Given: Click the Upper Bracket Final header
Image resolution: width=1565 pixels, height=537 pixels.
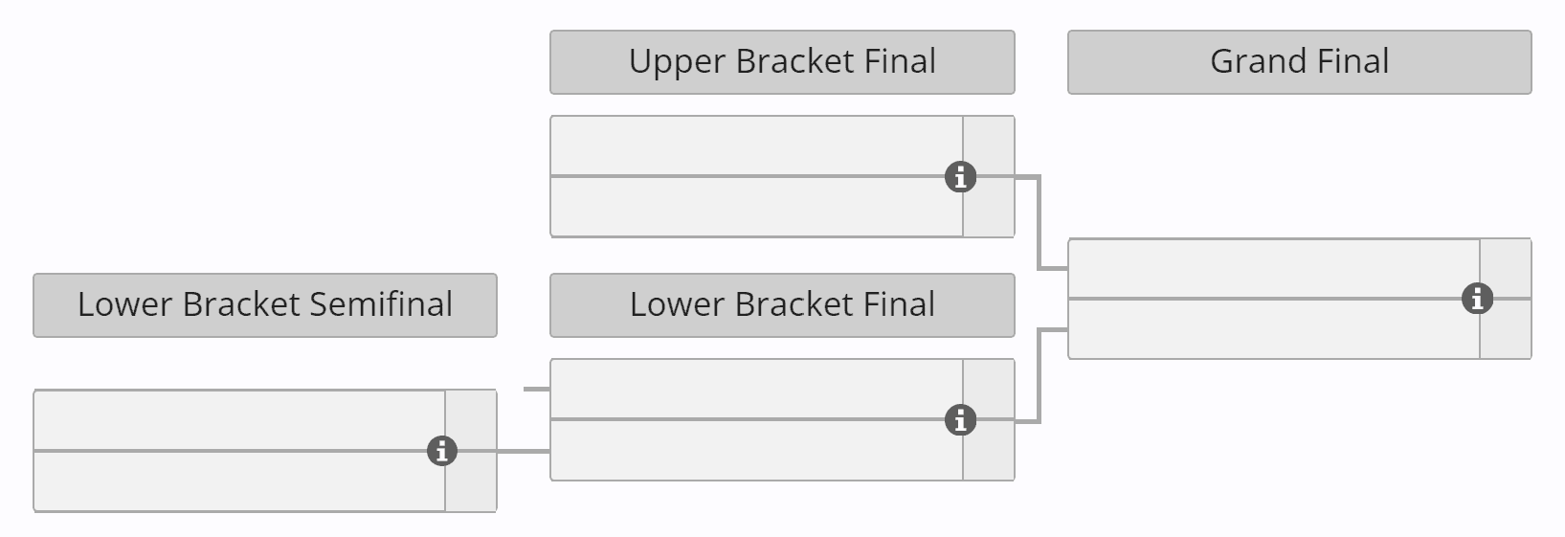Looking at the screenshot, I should point(782,62).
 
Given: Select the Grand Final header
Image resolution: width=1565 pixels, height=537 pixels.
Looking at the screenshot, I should point(1299,62).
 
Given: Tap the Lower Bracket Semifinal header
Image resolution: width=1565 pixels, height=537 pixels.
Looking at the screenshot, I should point(265,305).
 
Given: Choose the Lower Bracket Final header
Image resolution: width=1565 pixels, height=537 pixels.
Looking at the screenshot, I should point(782,305).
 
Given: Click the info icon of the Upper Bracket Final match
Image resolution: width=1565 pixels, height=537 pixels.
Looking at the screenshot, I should point(960,177).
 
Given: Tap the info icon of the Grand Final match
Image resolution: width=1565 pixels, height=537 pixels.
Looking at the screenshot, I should point(1477,299).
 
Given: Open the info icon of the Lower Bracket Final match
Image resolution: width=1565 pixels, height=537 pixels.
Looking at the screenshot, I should point(960,420).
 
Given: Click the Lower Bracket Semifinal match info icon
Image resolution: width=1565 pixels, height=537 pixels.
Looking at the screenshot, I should point(441,451).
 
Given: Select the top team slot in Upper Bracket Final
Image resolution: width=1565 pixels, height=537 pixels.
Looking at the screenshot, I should point(756,146).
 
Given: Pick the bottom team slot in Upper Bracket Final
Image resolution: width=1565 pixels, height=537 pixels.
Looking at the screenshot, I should point(756,206).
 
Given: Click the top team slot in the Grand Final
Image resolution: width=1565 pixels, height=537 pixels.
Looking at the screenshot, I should point(1273,269).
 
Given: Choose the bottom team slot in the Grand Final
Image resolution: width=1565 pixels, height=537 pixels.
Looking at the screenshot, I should point(1273,328).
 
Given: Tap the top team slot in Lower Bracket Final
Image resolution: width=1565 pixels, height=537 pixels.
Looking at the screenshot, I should point(756,390).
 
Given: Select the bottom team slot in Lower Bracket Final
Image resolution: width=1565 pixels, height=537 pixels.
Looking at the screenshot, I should point(756,449).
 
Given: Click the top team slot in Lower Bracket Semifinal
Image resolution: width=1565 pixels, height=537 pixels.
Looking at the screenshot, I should point(239,420).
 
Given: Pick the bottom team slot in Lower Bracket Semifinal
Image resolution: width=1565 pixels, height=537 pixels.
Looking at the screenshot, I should point(239,481).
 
